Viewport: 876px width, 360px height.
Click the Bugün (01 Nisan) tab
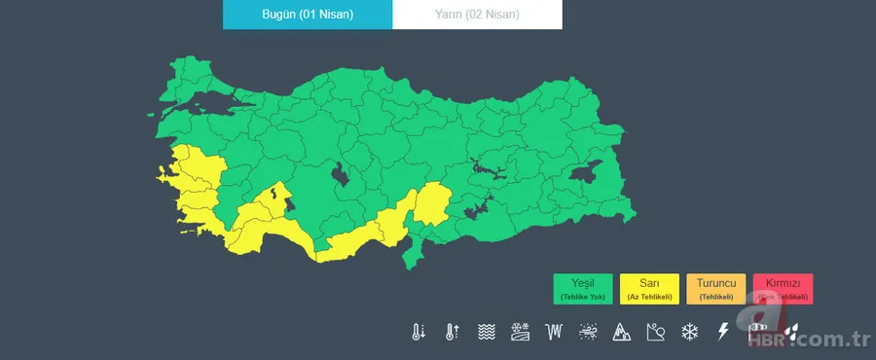[308, 15]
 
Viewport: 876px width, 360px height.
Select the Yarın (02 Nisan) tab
[477, 15]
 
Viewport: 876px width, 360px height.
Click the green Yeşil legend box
[583, 288]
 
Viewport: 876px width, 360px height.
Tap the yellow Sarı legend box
[649, 288]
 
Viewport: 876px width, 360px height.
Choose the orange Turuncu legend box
[715, 288]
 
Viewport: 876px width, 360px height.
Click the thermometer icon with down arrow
[419, 332]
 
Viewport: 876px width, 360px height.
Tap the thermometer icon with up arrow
[453, 332]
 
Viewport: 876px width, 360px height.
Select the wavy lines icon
[487, 332]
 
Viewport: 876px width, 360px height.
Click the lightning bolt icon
[722, 332]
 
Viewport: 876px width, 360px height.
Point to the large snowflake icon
[689, 332]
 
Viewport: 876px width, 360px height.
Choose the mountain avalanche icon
[621, 332]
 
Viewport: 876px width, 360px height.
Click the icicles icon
[555, 332]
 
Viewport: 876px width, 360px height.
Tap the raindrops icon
[792, 332]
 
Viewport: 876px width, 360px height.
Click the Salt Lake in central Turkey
[342, 176]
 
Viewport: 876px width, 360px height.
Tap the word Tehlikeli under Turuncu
[715, 296]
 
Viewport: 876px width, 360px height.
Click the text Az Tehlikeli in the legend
[649, 296]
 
